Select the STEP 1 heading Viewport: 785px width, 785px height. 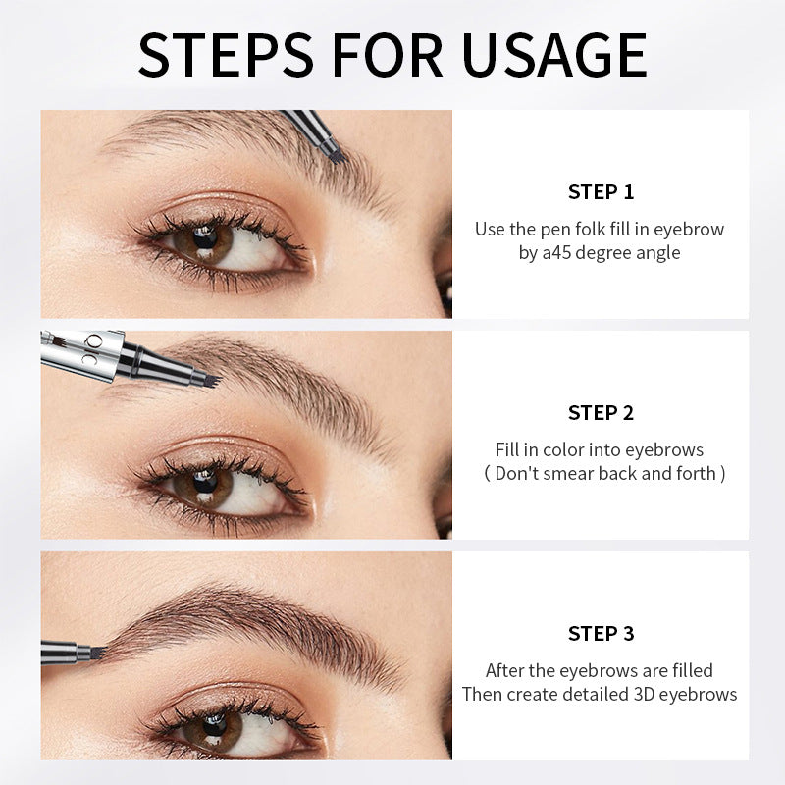point(601,191)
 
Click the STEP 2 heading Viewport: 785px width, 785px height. point(601,412)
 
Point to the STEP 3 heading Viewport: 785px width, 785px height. point(601,633)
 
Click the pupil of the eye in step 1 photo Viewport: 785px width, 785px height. point(206,237)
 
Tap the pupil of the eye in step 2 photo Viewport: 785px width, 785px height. point(206,481)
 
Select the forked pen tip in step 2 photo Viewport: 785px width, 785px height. point(206,377)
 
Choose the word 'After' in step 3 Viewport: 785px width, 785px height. point(506,670)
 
